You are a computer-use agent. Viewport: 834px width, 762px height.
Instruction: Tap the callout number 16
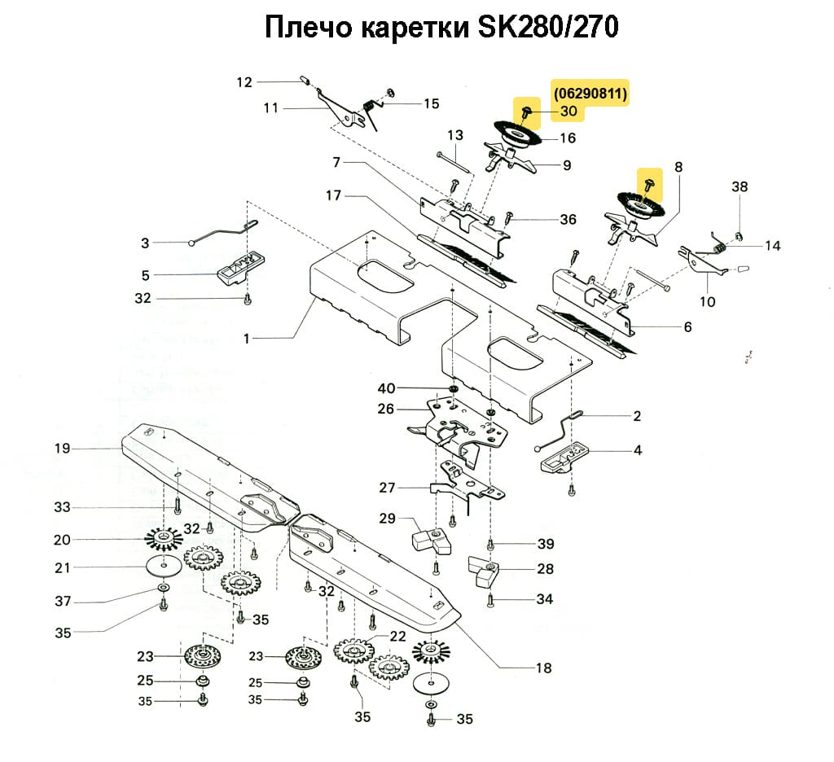click(567, 138)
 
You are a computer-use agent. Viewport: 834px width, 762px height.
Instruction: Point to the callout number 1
click(248, 338)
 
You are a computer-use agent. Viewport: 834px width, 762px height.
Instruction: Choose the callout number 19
click(63, 449)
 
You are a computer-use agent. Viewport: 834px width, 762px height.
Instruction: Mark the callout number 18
click(543, 668)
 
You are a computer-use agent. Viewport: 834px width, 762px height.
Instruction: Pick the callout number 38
click(739, 186)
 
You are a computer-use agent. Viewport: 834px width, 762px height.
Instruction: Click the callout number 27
click(387, 488)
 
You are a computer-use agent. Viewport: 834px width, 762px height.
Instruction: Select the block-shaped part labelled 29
click(428, 538)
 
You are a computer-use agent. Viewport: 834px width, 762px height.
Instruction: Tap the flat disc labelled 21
click(165, 567)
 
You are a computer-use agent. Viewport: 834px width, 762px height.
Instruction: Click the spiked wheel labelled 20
click(165, 539)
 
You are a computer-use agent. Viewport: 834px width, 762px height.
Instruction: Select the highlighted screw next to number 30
click(527, 108)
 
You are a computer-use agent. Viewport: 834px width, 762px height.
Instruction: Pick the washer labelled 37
click(163, 587)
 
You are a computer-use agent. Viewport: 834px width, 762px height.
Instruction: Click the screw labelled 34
click(490, 601)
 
